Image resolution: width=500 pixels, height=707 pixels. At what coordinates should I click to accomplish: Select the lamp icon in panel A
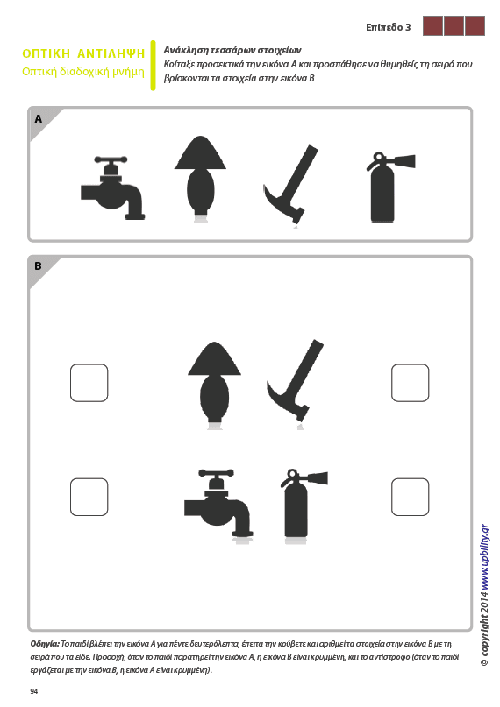[200, 178]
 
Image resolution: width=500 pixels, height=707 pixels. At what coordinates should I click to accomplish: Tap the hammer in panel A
[291, 185]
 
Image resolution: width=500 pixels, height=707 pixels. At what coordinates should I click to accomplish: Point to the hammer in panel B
[296, 383]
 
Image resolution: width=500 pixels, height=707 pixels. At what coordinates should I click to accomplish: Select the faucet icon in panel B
[218, 505]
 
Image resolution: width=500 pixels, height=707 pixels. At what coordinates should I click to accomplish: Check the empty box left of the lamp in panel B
[89, 383]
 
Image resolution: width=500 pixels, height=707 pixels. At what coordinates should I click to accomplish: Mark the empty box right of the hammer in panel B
[411, 383]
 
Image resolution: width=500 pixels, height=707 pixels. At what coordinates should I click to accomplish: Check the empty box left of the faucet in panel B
[89, 497]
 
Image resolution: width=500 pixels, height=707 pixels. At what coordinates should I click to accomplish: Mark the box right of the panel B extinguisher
[411, 497]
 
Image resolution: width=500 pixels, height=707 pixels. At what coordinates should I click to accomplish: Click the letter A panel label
[39, 118]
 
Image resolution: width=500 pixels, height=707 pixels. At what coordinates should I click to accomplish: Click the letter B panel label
[39, 266]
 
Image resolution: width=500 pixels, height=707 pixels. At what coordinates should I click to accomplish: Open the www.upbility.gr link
[485, 557]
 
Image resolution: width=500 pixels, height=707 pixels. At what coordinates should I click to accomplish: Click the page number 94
[34, 692]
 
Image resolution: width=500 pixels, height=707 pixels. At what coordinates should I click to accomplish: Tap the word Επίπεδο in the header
[384, 27]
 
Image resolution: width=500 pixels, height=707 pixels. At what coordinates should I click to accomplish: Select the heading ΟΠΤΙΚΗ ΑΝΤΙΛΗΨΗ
[83, 53]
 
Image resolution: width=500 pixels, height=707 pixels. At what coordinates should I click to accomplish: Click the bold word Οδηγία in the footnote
[45, 644]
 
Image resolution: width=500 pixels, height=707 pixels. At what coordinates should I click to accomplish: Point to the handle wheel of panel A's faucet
[111, 159]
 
